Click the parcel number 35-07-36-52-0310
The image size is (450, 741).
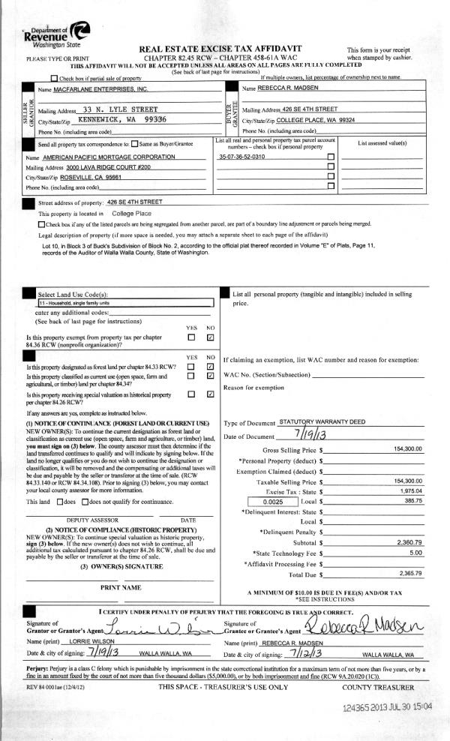(x=241, y=157)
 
